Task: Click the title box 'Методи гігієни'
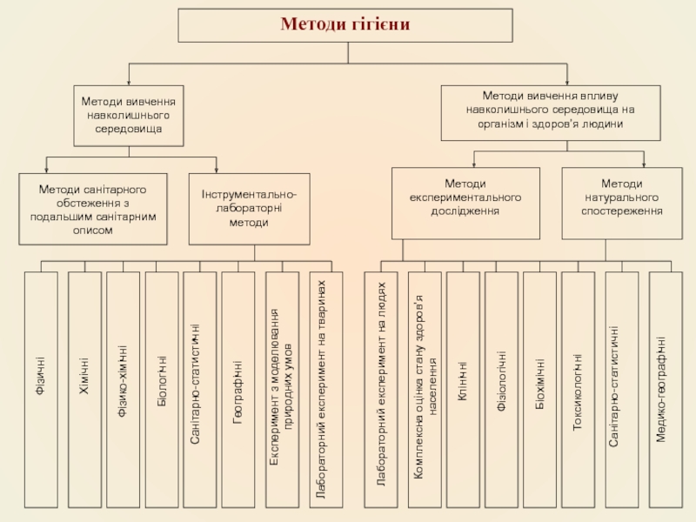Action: (x=345, y=25)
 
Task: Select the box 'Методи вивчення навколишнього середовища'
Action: (x=129, y=115)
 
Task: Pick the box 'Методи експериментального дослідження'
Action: (x=465, y=202)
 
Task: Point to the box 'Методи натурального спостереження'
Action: (x=622, y=202)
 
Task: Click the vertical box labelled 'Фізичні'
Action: (x=41, y=389)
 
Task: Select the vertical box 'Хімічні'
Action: (x=84, y=389)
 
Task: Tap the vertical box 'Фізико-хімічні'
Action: (x=123, y=389)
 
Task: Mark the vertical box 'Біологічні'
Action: (x=161, y=389)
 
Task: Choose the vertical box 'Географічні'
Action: (x=238, y=389)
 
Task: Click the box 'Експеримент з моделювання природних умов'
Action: (x=281, y=389)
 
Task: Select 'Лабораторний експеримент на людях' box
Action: (x=380, y=389)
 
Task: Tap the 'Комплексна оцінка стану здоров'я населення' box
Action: (x=425, y=389)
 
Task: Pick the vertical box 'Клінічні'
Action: (x=463, y=389)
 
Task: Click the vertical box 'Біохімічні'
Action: (x=539, y=389)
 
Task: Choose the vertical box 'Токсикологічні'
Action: (x=578, y=389)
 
